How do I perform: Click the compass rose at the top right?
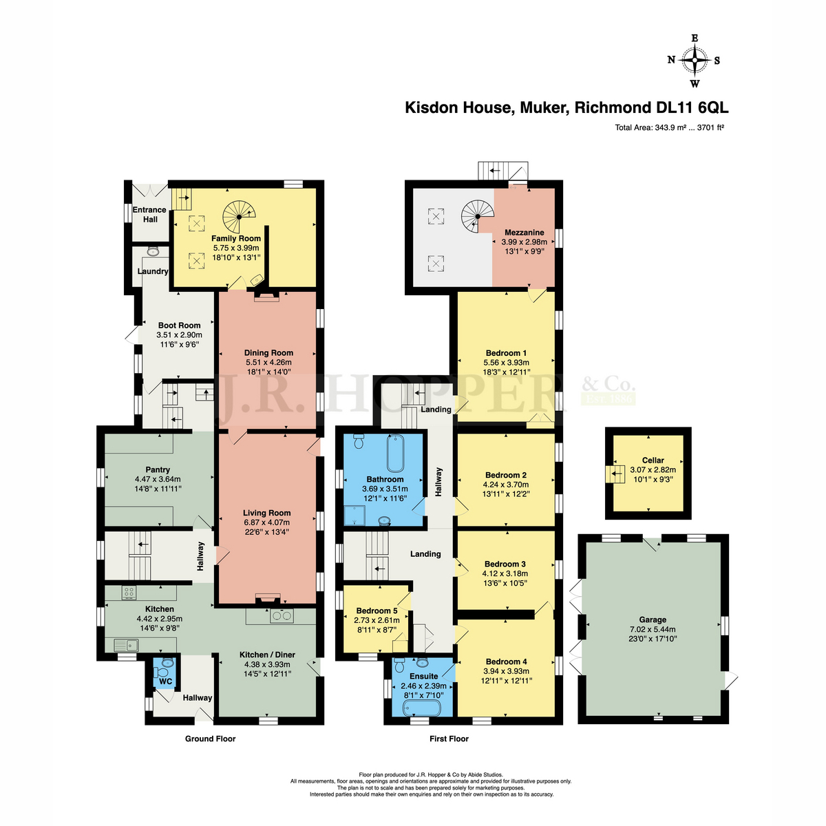(x=694, y=61)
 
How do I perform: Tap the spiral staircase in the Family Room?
(x=239, y=217)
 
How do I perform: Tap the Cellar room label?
(x=653, y=460)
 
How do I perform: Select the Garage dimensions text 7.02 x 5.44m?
(x=653, y=629)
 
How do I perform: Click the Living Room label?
(x=266, y=513)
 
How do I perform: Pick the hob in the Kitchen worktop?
(x=129, y=593)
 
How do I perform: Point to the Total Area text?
(x=669, y=127)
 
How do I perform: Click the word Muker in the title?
(x=544, y=107)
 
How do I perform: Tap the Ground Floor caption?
(x=210, y=738)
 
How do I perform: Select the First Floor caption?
(x=449, y=739)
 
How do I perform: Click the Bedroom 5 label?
(x=377, y=611)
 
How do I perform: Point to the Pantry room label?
(x=158, y=470)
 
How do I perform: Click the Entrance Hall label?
(x=149, y=214)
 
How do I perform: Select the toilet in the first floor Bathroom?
(x=359, y=441)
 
